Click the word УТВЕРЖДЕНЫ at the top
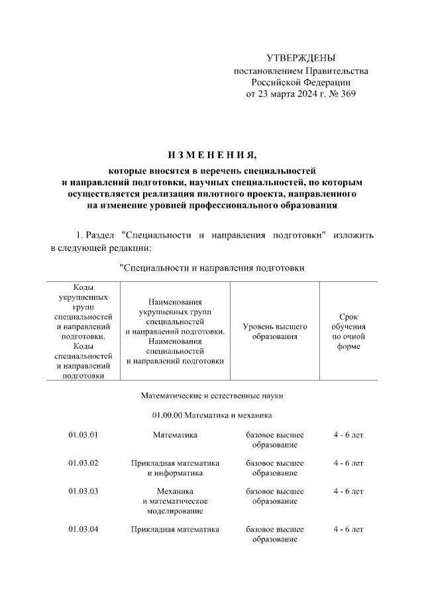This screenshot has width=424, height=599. [x=301, y=59]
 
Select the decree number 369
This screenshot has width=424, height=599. [x=345, y=94]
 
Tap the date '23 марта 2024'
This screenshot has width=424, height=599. [x=286, y=94]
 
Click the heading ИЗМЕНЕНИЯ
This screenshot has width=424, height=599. [x=211, y=156]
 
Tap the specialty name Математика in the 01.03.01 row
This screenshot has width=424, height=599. [x=175, y=435]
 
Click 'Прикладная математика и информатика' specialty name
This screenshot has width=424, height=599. [x=175, y=468]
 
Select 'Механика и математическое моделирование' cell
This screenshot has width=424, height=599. [x=175, y=501]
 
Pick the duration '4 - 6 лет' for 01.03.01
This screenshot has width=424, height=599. [x=348, y=435]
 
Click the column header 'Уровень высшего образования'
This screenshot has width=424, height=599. [x=275, y=332]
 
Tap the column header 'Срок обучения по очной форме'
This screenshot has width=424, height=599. [x=348, y=332]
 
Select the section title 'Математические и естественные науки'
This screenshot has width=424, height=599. [x=212, y=395]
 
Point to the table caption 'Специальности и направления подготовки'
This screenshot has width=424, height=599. [x=212, y=268]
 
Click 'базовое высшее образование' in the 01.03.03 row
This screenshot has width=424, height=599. [x=275, y=496]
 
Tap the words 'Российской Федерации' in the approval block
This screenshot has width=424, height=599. [x=301, y=82]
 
